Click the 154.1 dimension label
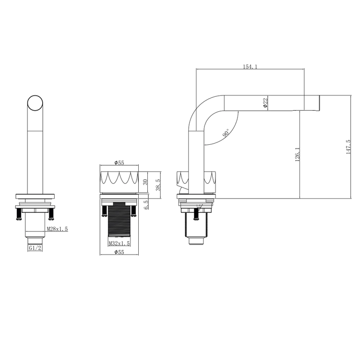click(x=250, y=67)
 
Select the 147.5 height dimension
click(x=348, y=147)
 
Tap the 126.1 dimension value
click(x=297, y=154)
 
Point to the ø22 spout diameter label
click(x=265, y=103)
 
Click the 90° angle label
click(x=226, y=133)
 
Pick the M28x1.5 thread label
click(x=58, y=229)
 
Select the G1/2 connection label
click(x=35, y=248)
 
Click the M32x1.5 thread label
click(x=120, y=243)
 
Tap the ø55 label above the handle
click(x=119, y=163)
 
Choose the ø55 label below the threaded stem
click(x=119, y=252)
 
